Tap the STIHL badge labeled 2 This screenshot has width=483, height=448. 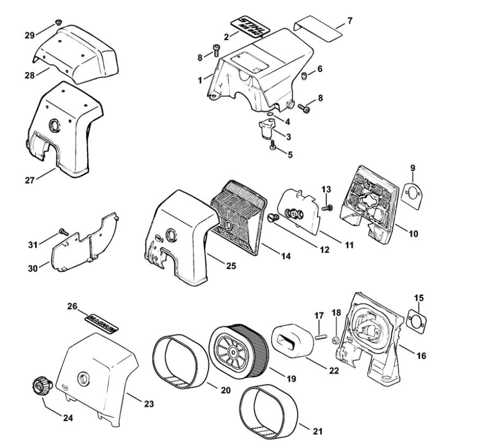(250, 25)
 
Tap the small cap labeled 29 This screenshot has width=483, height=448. (58, 23)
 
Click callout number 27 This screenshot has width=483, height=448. (31, 179)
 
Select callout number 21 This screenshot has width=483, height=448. (318, 430)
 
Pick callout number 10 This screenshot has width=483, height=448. (413, 233)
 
